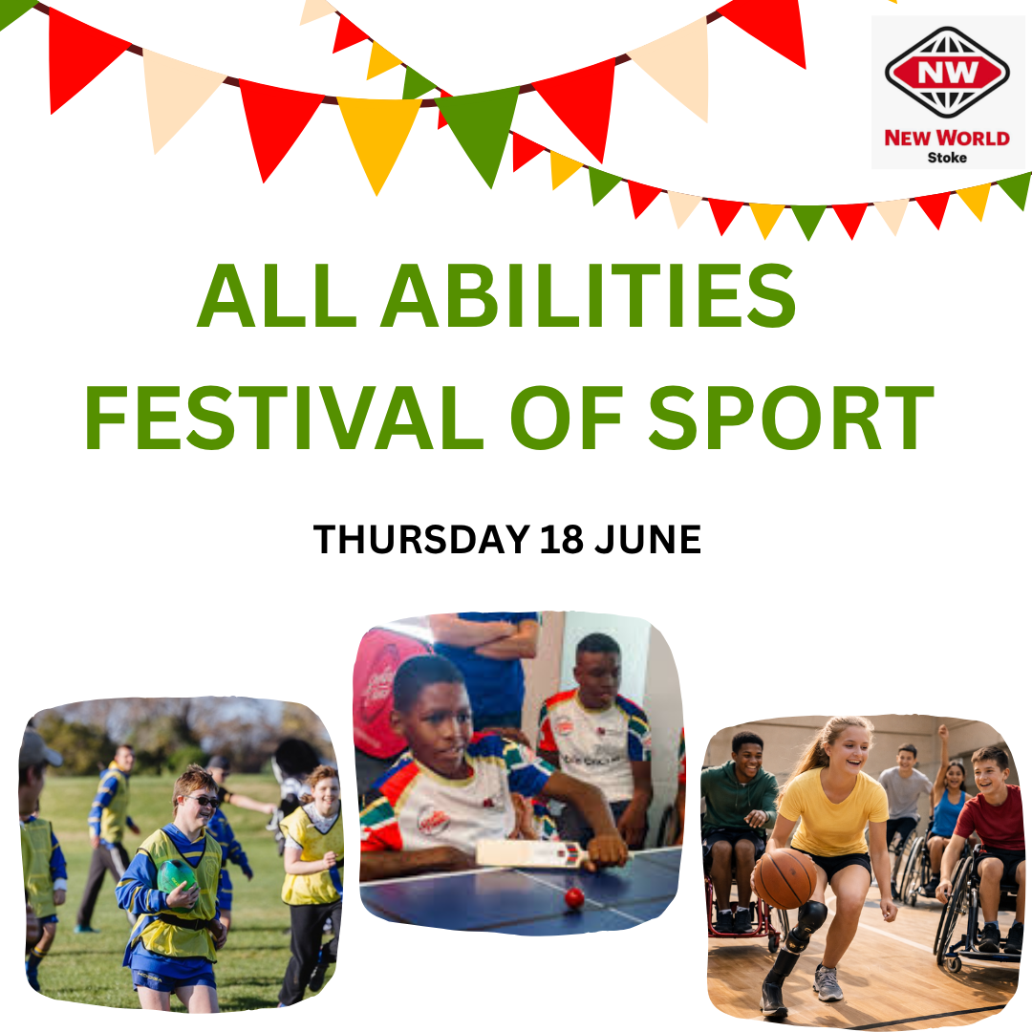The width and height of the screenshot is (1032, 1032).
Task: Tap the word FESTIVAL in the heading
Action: pyautogui.click(x=284, y=418)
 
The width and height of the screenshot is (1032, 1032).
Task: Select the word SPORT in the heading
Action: pyautogui.click(x=791, y=418)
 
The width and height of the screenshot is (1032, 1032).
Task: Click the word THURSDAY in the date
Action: pyautogui.click(x=421, y=540)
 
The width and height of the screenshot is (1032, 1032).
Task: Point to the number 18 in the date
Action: pyautogui.click(x=562, y=540)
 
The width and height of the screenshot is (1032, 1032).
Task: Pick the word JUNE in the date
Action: pyautogui.click(x=648, y=540)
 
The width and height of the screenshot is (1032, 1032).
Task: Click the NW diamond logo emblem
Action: pyautogui.click(x=947, y=73)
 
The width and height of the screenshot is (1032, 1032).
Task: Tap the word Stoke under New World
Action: pyautogui.click(x=947, y=158)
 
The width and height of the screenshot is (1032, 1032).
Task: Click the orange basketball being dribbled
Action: pyautogui.click(x=785, y=879)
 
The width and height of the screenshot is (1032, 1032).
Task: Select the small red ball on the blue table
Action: pyautogui.click(x=574, y=897)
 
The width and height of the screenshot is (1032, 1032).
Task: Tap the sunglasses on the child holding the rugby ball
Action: pyautogui.click(x=203, y=801)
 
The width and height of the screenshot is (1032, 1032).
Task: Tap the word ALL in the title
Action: pyautogui.click(x=276, y=295)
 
